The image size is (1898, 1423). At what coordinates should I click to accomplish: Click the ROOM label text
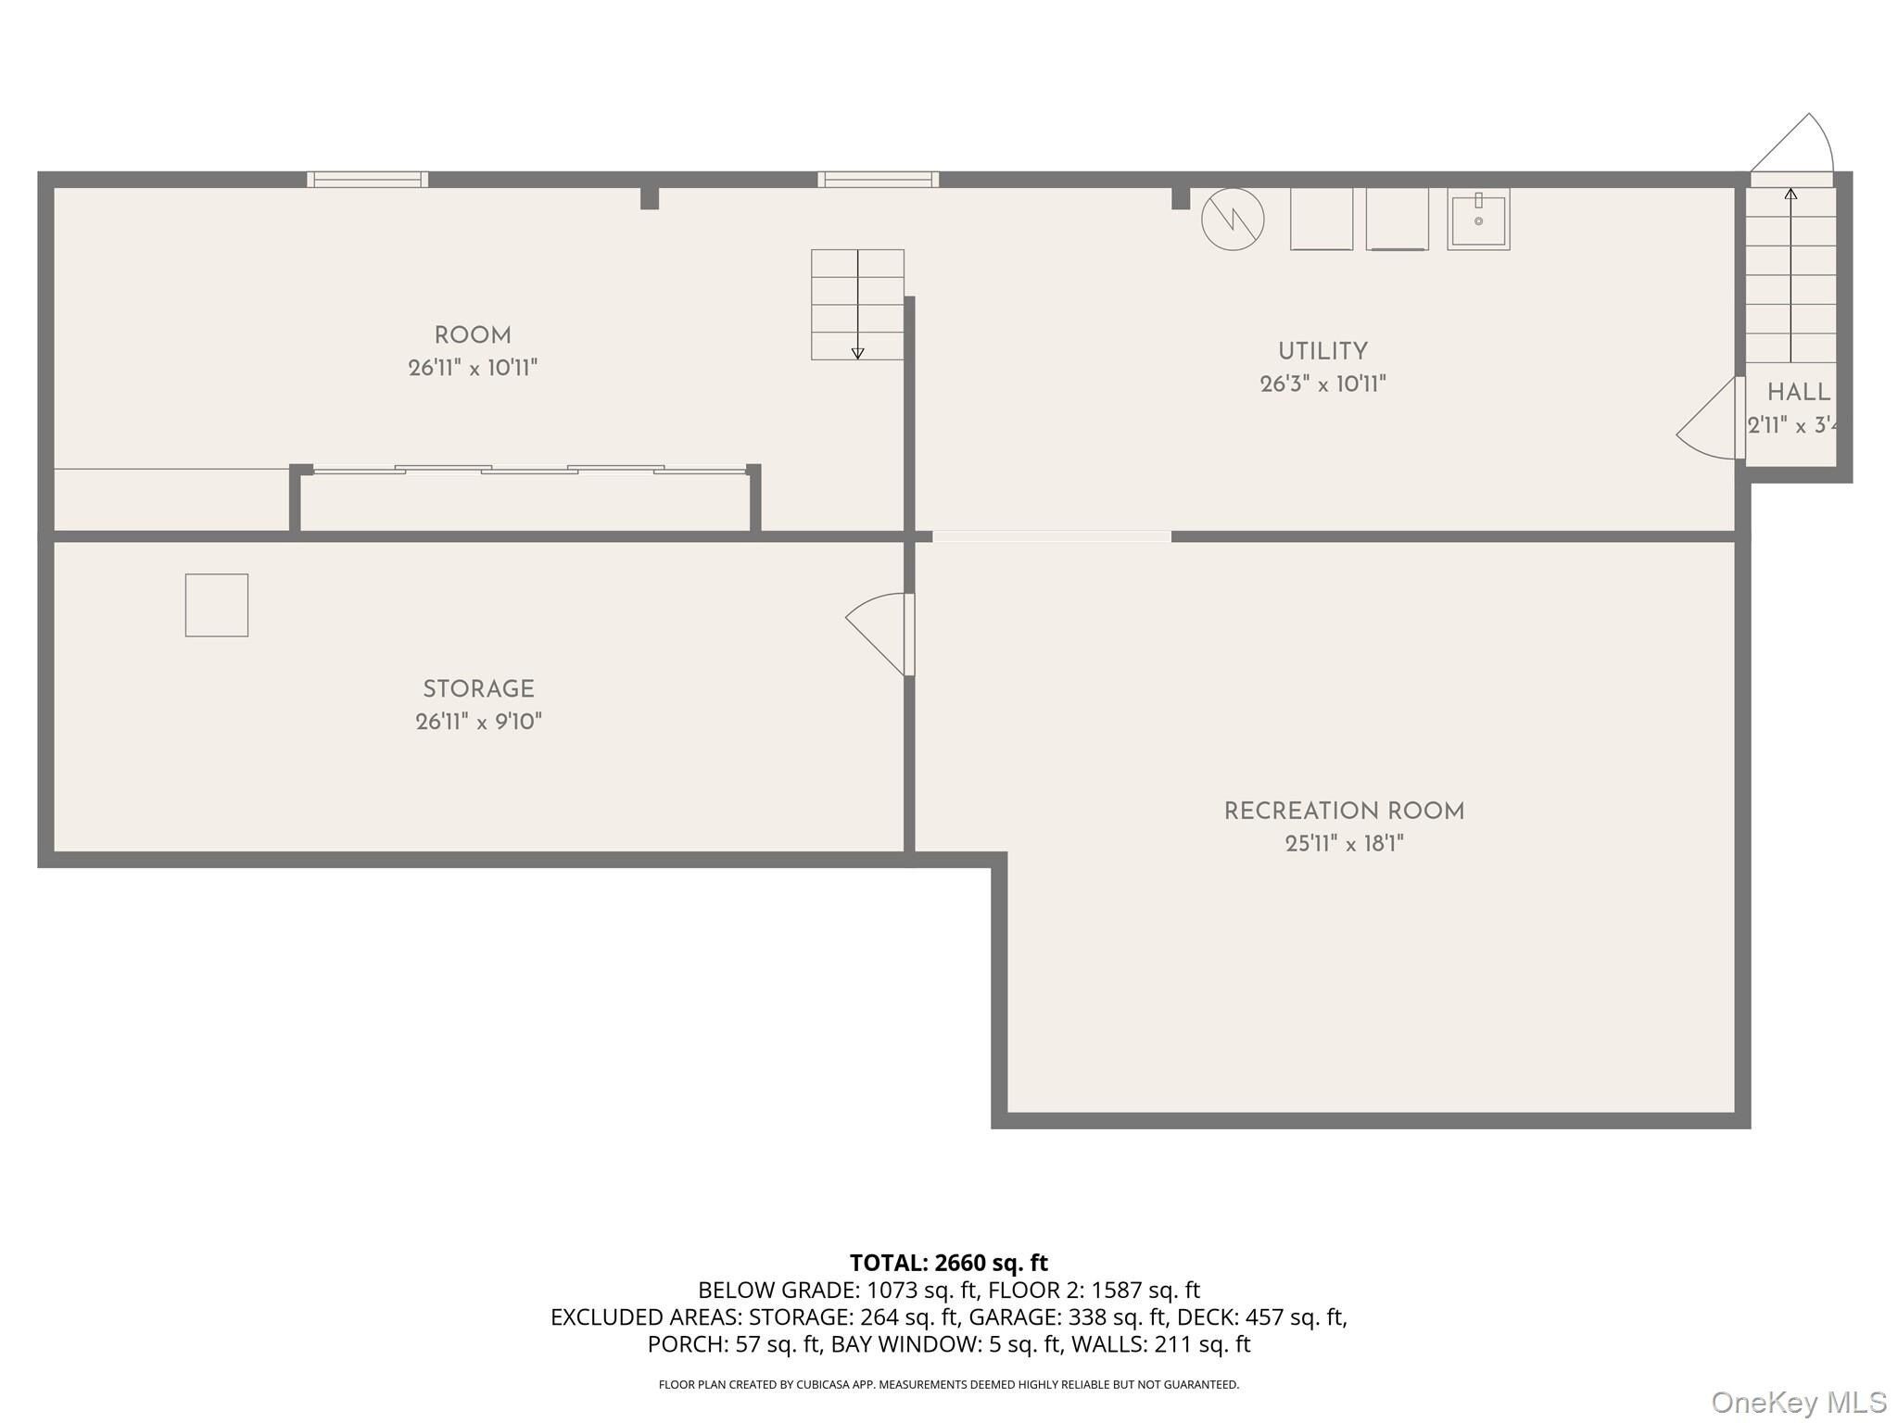pyautogui.click(x=473, y=335)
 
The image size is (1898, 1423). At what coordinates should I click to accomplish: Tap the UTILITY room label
pyautogui.click(x=1322, y=351)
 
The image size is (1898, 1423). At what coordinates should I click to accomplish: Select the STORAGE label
pyautogui.click(x=478, y=689)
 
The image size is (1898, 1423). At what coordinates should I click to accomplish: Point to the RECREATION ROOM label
pyautogui.click(x=1344, y=812)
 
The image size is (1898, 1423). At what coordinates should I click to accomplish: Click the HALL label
pyautogui.click(x=1798, y=393)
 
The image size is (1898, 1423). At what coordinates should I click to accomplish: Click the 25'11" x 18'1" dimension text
pyautogui.click(x=1344, y=844)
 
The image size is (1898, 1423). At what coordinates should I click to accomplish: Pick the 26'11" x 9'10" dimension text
pyautogui.click(x=478, y=722)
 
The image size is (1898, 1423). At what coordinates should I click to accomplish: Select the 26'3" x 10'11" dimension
pyautogui.click(x=1322, y=384)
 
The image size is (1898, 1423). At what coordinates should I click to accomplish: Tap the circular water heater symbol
pyautogui.click(x=1233, y=220)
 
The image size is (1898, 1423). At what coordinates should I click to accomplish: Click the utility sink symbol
pyautogui.click(x=1478, y=220)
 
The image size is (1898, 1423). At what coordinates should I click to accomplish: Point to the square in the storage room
pyautogui.click(x=217, y=605)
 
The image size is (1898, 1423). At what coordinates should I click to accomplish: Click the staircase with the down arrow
pyautogui.click(x=857, y=304)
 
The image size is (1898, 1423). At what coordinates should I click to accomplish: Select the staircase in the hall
pyautogui.click(x=1790, y=275)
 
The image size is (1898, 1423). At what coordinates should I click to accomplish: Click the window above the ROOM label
pyautogui.click(x=367, y=180)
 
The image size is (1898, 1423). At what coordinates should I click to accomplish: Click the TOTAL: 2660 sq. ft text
pyautogui.click(x=949, y=1263)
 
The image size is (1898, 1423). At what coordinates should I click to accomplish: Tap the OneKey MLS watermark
pyautogui.click(x=1799, y=1402)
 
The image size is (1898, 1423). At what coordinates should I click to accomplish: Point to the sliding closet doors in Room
pyautogui.click(x=529, y=470)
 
